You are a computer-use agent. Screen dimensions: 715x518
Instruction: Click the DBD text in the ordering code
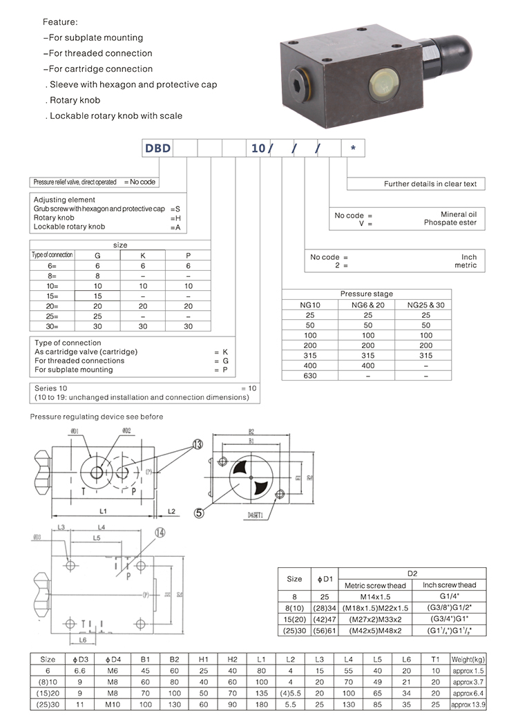tap(157, 149)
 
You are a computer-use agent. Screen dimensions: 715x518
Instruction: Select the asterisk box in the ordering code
tap(353, 149)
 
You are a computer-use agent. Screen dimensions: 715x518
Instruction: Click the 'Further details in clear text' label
tap(430, 184)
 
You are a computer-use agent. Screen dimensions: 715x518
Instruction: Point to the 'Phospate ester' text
tap(450, 223)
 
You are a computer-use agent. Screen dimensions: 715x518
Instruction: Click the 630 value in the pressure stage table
tap(309, 375)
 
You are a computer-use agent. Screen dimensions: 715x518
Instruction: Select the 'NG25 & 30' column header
tap(425, 304)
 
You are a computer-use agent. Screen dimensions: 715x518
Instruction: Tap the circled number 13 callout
tap(199, 445)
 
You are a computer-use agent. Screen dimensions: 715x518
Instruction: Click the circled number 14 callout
tap(160, 533)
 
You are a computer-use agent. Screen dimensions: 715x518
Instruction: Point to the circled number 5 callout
tap(199, 513)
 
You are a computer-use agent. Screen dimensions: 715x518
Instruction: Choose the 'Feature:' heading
tap(61, 22)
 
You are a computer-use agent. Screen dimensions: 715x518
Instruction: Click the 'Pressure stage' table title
tap(366, 294)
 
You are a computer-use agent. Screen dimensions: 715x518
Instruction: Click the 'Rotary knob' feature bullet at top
tap(75, 100)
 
